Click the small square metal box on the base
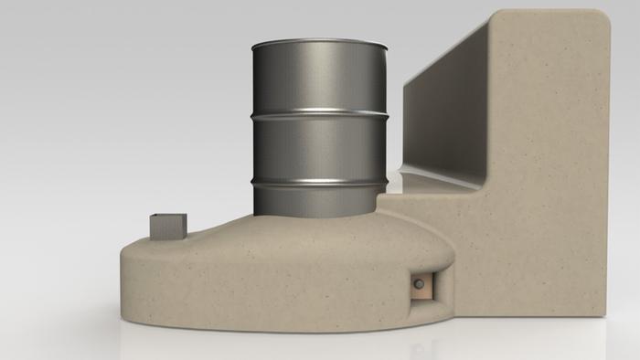tap(167, 226)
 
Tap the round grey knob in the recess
tap(419, 285)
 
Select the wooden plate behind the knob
tap(426, 285)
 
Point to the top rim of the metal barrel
tap(319, 42)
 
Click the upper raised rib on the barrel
tap(319, 114)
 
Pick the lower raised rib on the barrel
tap(319, 182)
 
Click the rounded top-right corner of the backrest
tap(599, 20)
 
